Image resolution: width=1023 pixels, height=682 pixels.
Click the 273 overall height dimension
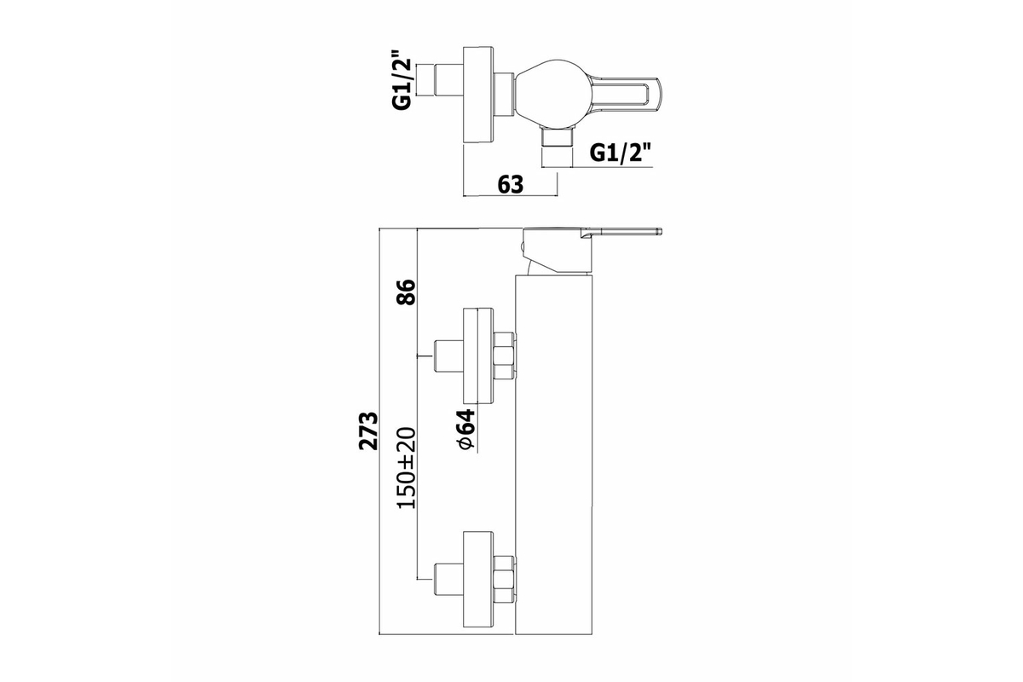[368, 431]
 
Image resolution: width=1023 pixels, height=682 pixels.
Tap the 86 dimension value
[406, 292]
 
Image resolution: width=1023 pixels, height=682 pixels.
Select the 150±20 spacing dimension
[406, 468]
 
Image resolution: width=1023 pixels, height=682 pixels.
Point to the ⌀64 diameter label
[466, 429]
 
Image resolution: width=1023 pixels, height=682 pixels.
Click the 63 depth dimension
[510, 184]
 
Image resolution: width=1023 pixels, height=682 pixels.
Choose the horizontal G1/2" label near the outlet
[619, 153]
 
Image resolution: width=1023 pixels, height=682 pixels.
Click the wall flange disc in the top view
[478, 96]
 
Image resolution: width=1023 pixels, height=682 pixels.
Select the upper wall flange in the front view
[478, 355]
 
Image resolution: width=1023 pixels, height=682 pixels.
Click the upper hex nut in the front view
[504, 355]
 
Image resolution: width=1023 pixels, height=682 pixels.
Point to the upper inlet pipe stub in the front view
[448, 355]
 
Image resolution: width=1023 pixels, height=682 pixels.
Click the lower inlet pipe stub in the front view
[448, 579]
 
